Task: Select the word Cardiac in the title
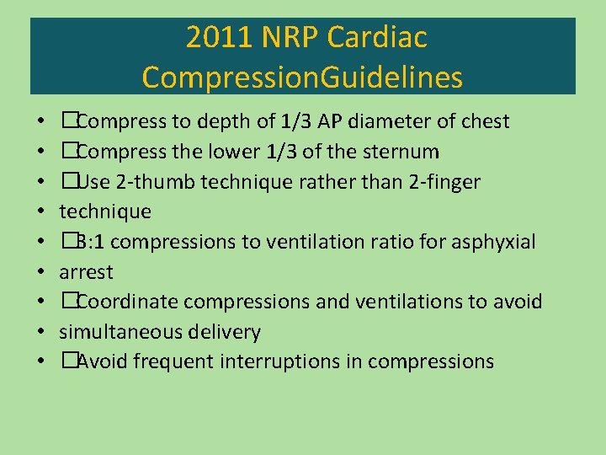(x=378, y=38)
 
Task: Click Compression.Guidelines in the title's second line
(x=302, y=78)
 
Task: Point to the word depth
(x=223, y=121)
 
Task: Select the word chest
(x=481, y=121)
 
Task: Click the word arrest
(x=86, y=272)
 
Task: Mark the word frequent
(x=177, y=362)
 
